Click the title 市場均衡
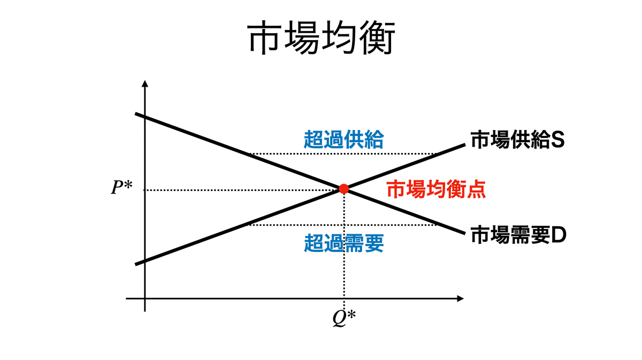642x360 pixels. [x=320, y=39]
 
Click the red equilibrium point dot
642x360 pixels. [x=344, y=189]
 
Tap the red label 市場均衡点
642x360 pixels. [x=436, y=190]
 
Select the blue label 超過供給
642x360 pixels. [x=343, y=140]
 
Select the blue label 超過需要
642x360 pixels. [x=343, y=244]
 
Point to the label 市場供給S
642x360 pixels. [x=517, y=141]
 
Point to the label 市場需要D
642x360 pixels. [x=518, y=235]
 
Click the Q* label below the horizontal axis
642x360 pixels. [x=344, y=318]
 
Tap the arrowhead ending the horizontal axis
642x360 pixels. [x=460, y=298]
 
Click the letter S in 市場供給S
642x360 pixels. [x=559, y=141]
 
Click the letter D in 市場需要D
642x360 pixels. [x=559, y=235]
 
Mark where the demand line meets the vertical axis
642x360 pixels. [x=145, y=118]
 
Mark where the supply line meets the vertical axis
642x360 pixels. [x=145, y=260]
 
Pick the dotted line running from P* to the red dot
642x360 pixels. [x=241, y=190]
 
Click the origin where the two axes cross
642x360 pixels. [x=145, y=298]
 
